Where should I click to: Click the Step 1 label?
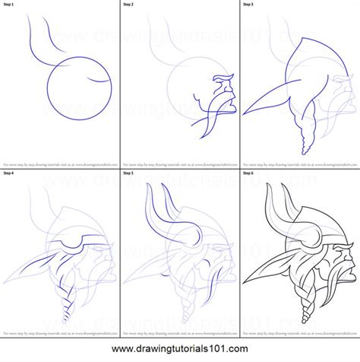pyautogui.click(x=11, y=5)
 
